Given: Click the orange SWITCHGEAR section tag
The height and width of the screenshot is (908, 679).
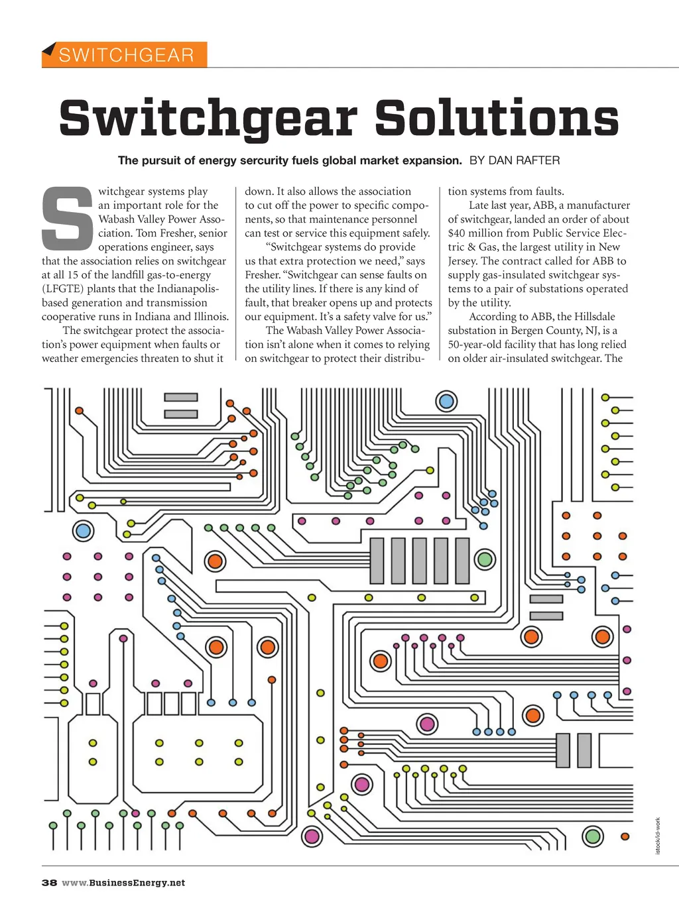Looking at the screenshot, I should click(125, 54).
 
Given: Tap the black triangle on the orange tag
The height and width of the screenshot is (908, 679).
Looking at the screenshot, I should click(48, 48).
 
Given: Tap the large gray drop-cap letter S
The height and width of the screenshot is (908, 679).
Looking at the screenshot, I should click(67, 218).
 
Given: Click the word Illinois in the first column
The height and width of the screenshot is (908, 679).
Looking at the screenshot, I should click(211, 317).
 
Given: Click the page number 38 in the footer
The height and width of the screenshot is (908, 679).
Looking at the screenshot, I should click(49, 883).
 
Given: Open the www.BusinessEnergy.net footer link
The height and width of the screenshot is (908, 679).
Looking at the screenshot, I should click(123, 883).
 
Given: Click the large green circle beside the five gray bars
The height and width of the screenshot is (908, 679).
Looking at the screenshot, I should click(485, 559).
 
